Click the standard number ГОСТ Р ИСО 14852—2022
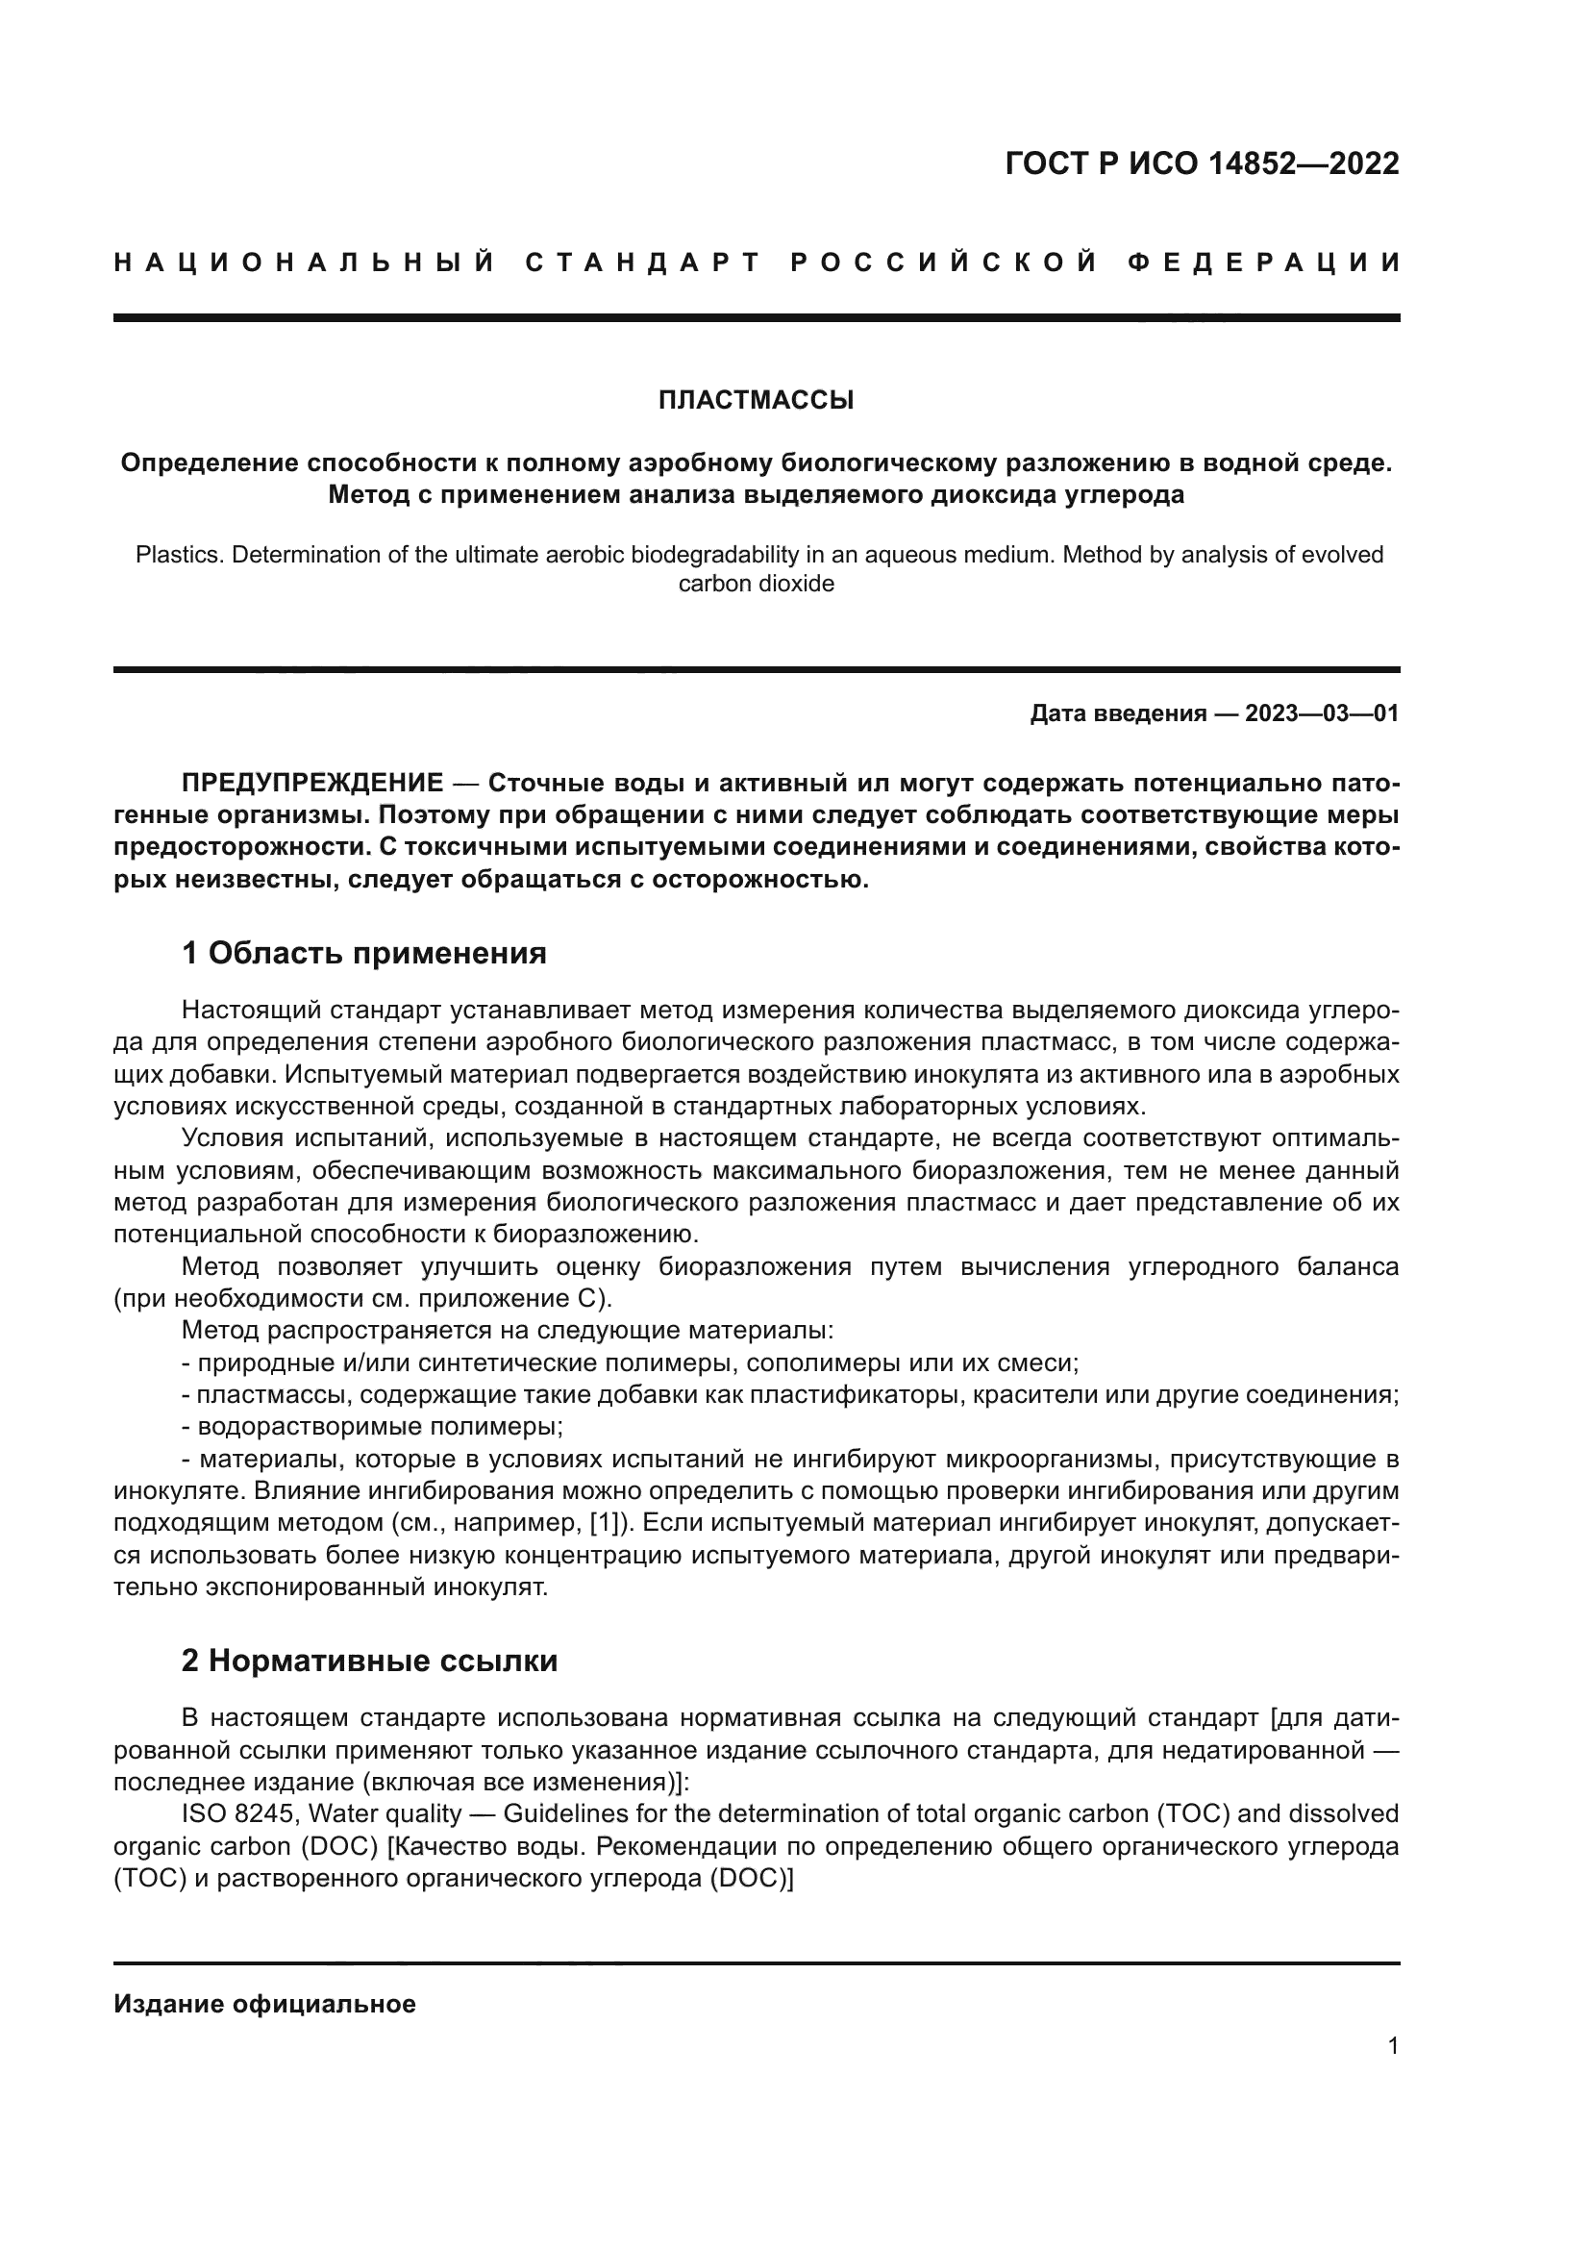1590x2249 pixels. pyautogui.click(x=1202, y=163)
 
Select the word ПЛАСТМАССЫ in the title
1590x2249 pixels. pyautogui.click(x=756, y=401)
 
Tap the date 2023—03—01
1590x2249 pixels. pyautogui.click(x=1322, y=713)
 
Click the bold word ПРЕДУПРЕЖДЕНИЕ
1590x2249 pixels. pyautogui.click(x=312, y=784)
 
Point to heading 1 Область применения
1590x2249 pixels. pyautogui.click(x=364, y=952)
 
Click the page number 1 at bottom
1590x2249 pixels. pyautogui.click(x=1392, y=2045)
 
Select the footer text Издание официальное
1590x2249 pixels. pyautogui.click(x=264, y=2003)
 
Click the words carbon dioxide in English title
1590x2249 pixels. pyautogui.click(x=756, y=584)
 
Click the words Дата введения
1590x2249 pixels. pyautogui.click(x=1117, y=713)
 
